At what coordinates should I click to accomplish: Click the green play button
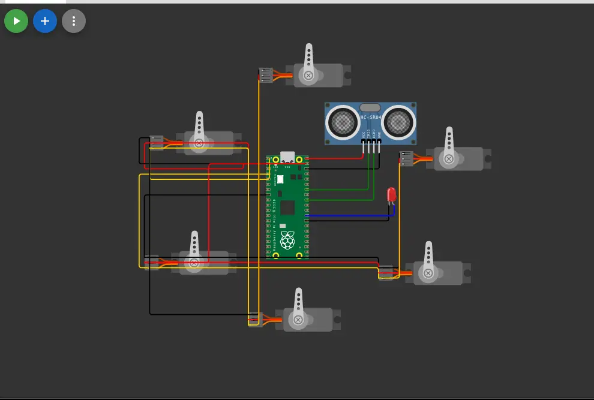16,22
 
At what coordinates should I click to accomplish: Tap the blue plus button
45,22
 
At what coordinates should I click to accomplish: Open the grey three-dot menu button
74,22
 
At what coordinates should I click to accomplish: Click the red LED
392,194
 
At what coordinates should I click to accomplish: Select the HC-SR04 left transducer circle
343,122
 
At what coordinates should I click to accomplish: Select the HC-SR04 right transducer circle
397,122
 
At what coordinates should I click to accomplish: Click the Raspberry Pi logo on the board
287,239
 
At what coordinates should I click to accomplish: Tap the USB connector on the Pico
287,157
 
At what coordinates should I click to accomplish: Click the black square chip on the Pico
287,207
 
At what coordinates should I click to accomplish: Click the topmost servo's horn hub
308,76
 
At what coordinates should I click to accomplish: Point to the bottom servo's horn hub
298,320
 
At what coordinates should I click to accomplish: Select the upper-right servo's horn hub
448,159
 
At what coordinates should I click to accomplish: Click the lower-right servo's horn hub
428,273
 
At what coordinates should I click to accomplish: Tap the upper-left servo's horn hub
199,143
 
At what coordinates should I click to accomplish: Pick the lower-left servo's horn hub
194,263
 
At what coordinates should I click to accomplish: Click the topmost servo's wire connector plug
265,75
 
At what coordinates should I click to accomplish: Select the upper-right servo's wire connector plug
406,158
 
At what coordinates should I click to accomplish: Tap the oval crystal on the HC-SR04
370,107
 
